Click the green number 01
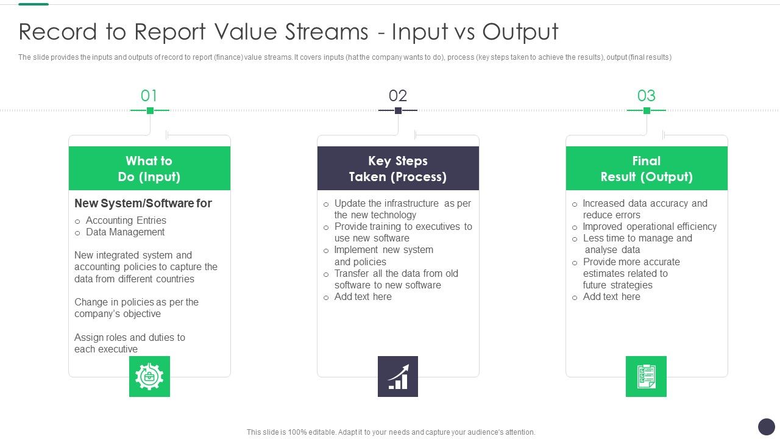(x=149, y=96)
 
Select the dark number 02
(x=398, y=96)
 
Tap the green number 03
(x=647, y=96)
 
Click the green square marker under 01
(x=150, y=110)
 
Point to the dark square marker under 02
(x=398, y=110)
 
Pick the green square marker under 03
(x=647, y=110)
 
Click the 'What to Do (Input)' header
(x=149, y=168)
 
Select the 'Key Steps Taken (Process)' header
(x=398, y=168)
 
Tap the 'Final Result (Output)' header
(x=647, y=168)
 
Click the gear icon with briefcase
(x=149, y=376)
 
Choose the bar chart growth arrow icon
(x=398, y=376)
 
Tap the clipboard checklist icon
(x=646, y=376)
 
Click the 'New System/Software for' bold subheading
(x=143, y=203)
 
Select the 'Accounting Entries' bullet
(x=126, y=220)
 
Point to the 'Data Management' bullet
(x=125, y=232)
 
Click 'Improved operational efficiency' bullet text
(x=650, y=226)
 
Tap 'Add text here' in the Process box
(x=363, y=296)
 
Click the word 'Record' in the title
(x=58, y=32)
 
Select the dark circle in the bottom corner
(x=766, y=426)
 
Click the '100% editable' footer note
(x=391, y=432)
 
